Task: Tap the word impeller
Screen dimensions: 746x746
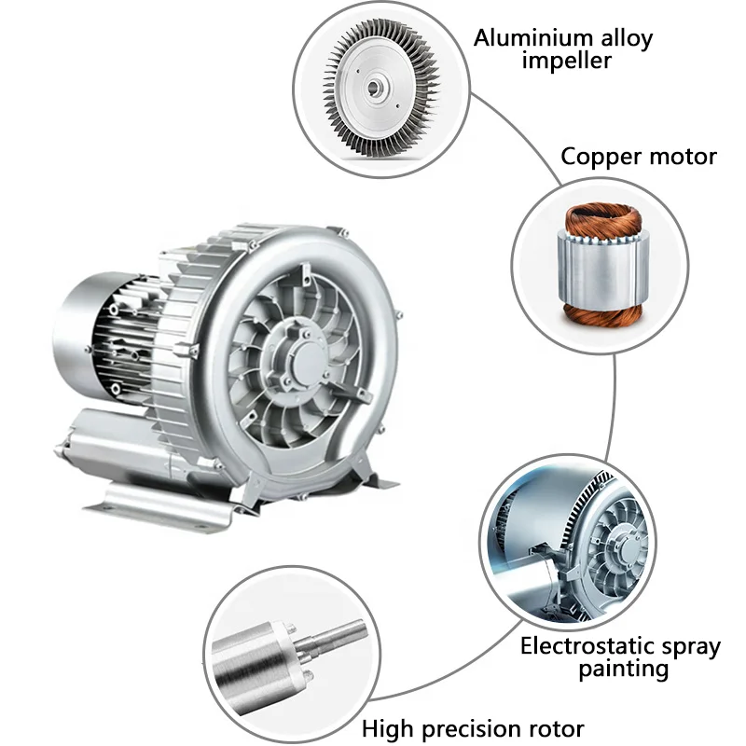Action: [x=566, y=62]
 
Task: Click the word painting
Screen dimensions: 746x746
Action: [x=623, y=670]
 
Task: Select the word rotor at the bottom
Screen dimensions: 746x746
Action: [x=563, y=729]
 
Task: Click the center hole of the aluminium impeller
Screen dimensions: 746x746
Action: [x=374, y=88]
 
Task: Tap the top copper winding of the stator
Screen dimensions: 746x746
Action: [x=603, y=219]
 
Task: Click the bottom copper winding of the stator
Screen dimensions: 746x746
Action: [x=603, y=315]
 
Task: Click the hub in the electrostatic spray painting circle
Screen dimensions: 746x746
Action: [x=626, y=548]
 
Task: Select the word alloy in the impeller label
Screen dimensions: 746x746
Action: [x=627, y=38]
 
